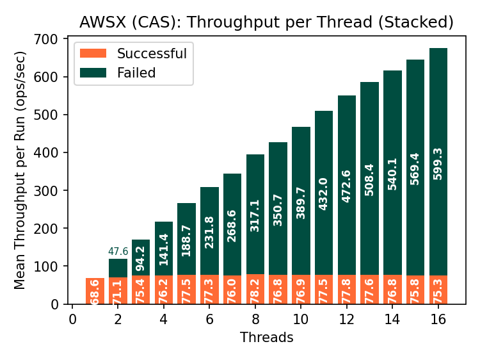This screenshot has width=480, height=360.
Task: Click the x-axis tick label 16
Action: pyautogui.click(x=438, y=320)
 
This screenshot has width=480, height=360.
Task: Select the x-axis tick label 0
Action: pyautogui.click(x=72, y=320)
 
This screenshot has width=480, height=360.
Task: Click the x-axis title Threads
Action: pyautogui.click(x=266, y=338)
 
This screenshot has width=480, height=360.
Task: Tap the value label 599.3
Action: pyautogui.click(x=438, y=163)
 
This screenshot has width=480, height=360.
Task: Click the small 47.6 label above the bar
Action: pyautogui.click(x=118, y=252)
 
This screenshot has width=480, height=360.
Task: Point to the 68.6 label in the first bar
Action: pyautogui.click(x=95, y=293)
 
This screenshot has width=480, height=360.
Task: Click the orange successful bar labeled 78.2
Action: pyautogui.click(x=255, y=289)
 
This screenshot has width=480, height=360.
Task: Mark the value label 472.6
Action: pyautogui.click(x=346, y=186)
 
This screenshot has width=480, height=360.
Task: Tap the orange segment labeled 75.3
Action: pyautogui.click(x=438, y=290)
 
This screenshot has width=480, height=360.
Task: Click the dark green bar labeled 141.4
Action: pyautogui.click(x=164, y=250)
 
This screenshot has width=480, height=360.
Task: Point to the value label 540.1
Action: pyautogui.click(x=392, y=175)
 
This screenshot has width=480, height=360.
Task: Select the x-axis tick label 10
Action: pyautogui.click(x=301, y=320)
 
